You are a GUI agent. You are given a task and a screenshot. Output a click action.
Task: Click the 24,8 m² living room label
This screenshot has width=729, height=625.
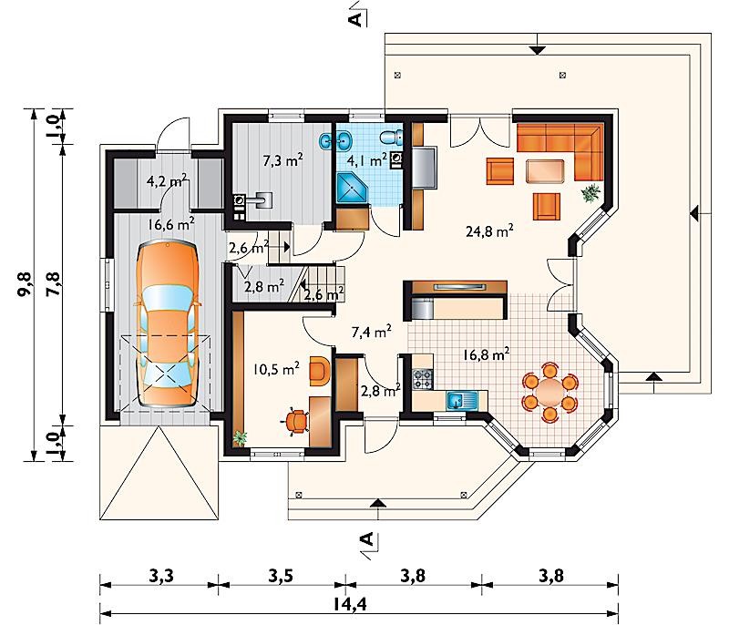489,231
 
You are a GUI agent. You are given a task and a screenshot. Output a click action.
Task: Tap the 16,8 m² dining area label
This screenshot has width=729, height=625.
487,354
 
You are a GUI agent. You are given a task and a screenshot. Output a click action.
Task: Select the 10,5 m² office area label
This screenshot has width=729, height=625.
277,369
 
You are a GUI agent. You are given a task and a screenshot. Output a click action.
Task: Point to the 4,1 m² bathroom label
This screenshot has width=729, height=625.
367,160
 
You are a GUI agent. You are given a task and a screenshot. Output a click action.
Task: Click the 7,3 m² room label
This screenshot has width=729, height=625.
283,160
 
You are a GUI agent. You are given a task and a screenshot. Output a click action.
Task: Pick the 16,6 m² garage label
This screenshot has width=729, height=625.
171,224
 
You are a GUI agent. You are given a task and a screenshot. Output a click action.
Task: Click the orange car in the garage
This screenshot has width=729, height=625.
168,323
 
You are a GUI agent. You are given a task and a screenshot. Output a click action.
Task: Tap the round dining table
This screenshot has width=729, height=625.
550,392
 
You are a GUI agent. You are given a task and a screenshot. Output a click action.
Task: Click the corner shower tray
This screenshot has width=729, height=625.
352,189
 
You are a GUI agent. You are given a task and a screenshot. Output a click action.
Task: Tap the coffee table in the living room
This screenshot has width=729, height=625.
545,171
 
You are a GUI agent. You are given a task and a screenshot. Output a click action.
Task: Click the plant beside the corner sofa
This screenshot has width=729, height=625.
590,192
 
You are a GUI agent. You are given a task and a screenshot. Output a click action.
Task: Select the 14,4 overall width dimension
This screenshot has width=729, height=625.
350,604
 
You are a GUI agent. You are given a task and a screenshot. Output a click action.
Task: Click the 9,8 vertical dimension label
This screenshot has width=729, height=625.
25,283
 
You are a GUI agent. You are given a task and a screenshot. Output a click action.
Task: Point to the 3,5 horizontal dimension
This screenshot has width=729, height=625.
281,576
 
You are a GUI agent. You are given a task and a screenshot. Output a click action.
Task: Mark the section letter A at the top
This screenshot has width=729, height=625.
355,19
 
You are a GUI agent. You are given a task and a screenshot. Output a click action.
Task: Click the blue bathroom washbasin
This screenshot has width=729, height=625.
344,139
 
